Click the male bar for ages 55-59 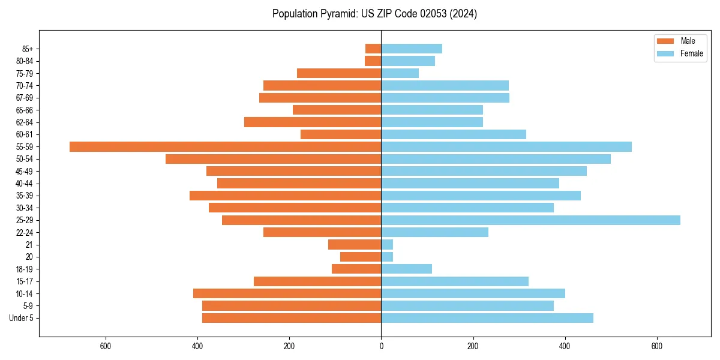225,146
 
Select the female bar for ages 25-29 530,220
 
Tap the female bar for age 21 387,245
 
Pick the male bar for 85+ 373,49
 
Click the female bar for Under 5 487,318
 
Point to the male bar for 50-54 273,159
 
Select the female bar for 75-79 400,73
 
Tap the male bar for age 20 361,257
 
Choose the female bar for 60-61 454,134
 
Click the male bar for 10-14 287,293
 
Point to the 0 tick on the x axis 381,346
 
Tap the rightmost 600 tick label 656,346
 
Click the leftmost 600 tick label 106,346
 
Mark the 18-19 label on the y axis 25,269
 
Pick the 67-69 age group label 25,98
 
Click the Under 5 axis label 21,318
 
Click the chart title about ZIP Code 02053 374,14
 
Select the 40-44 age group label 25,184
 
